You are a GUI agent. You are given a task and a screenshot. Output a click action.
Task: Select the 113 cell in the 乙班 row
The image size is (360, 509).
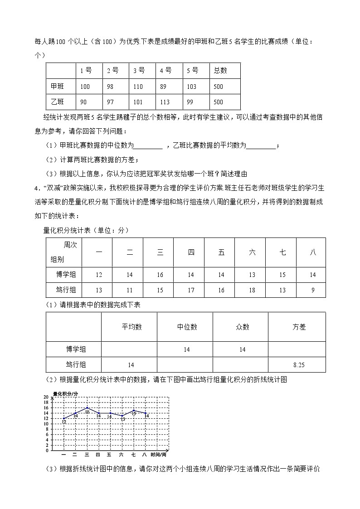pyautogui.click(x=165, y=102)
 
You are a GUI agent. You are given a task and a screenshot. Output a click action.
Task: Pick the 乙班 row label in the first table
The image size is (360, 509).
pyautogui.click(x=58, y=102)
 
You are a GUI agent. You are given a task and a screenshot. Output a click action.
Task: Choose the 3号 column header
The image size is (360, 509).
pyautogui.click(x=139, y=70)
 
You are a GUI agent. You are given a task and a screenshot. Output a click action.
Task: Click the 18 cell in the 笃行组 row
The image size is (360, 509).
pyautogui.click(x=252, y=290)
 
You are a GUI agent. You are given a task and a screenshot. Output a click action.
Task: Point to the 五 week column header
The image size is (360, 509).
pyautogui.click(x=221, y=252)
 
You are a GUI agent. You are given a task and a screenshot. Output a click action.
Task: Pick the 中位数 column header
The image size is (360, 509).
pyautogui.click(x=187, y=327)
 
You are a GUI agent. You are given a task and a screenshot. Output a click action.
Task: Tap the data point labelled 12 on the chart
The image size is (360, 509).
pyautogui.click(x=63, y=418)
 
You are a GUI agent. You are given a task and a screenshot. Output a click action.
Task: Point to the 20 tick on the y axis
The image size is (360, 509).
pyautogui.click(x=46, y=397)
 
